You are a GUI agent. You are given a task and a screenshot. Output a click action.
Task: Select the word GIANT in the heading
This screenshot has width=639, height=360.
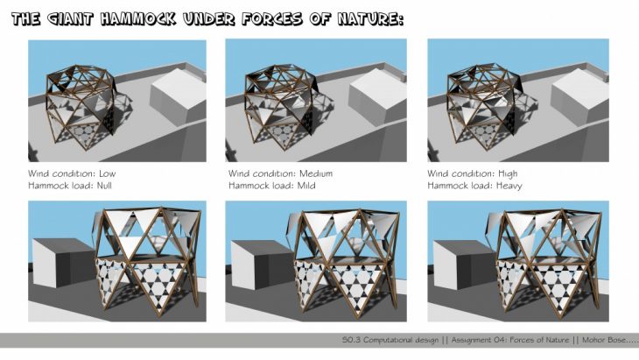[70, 19]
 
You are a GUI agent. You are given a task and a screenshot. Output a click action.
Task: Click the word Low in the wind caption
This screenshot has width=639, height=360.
[107, 173]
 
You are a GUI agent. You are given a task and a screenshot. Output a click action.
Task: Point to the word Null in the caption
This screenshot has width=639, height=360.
[104, 186]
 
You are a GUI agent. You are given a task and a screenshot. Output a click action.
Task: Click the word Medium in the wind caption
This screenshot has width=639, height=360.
[316, 173]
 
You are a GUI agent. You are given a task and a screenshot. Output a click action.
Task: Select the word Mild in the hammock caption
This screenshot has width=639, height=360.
[306, 186]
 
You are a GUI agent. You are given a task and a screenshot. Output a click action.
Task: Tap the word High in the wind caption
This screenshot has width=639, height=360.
[508, 174]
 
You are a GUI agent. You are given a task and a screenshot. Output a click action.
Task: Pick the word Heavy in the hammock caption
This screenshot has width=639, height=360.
[509, 187]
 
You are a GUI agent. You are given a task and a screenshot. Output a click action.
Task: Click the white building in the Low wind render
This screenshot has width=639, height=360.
[178, 95]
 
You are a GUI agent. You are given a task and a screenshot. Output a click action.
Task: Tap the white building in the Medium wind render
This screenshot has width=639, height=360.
[377, 96]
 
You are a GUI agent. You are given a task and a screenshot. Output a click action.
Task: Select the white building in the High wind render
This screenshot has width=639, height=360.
[579, 95]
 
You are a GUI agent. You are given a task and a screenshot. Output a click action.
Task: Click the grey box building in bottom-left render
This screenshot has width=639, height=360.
[62, 263]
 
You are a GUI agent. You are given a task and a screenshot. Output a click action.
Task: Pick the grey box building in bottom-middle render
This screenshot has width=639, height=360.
[263, 265]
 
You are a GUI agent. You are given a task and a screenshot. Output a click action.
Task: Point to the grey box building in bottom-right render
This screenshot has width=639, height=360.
[464, 265]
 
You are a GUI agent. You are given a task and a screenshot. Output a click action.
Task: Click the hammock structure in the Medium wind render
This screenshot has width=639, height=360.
[281, 106]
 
